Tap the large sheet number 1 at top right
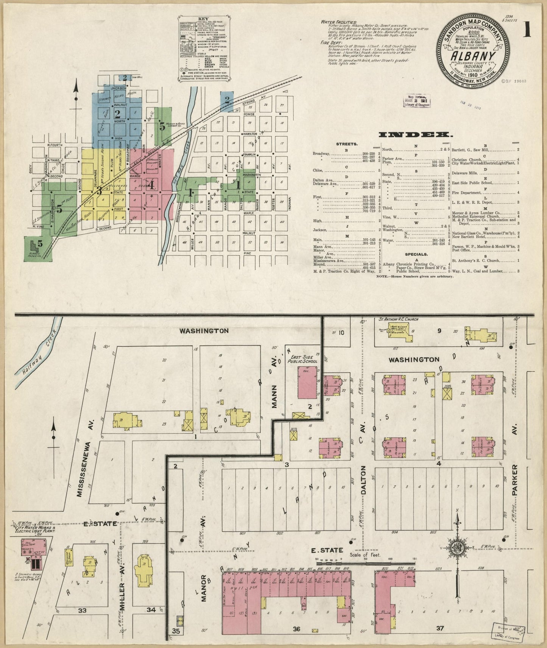[527, 30]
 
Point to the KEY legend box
[204, 48]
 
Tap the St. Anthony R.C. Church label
[399, 319]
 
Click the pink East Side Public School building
[307, 382]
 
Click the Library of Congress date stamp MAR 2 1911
[416, 101]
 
